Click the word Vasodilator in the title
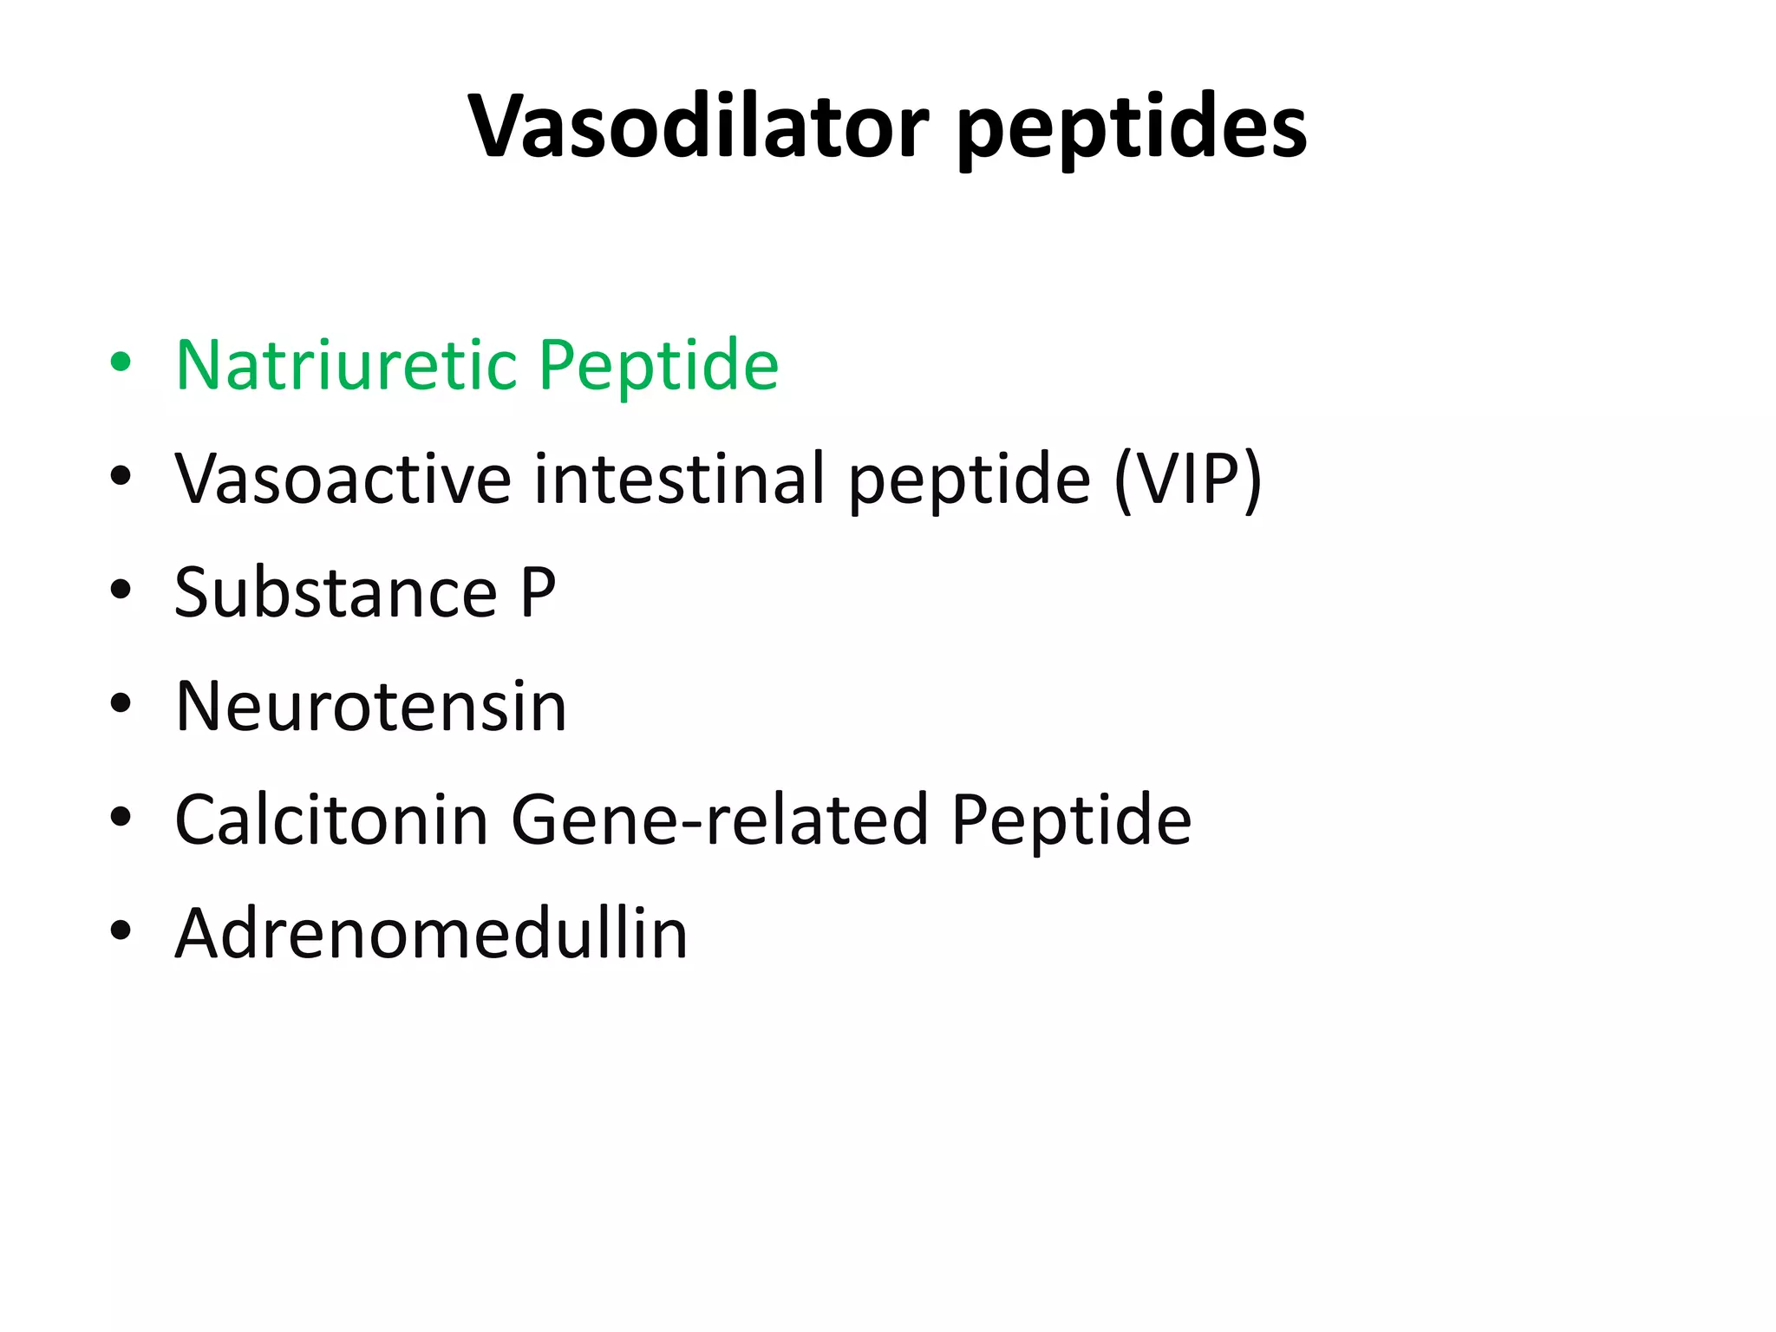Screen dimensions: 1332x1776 pyautogui.click(x=698, y=126)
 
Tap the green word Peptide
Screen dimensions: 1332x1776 pyautogui.click(x=658, y=366)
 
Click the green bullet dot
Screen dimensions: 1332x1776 pyautogui.click(x=121, y=362)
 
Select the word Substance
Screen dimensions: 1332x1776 pyautogui.click(x=336, y=592)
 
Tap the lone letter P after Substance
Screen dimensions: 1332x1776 pyautogui.click(x=538, y=592)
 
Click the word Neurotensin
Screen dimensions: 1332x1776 pyautogui.click(x=371, y=706)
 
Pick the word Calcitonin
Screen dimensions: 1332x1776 pyautogui.click(x=331, y=819)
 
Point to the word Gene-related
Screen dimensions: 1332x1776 pyautogui.click(x=720, y=819)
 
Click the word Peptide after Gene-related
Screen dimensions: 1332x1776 pyautogui.click(x=1071, y=820)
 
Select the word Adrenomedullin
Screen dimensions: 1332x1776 pyautogui.click(x=431, y=933)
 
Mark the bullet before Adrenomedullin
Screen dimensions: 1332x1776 pyautogui.click(x=121, y=930)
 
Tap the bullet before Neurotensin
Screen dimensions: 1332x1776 pyautogui.click(x=121, y=703)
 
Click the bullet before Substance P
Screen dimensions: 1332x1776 pyautogui.click(x=121, y=590)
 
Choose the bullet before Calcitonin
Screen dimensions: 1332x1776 pyautogui.click(x=121, y=817)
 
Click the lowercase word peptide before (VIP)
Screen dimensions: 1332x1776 pyautogui.click(x=969, y=481)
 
